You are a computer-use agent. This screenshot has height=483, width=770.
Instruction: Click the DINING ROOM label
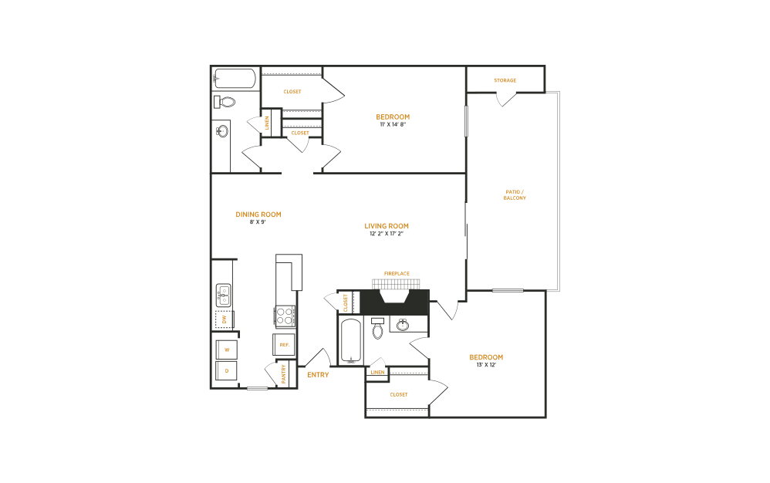(258, 214)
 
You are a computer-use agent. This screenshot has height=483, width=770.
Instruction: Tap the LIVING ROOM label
(387, 226)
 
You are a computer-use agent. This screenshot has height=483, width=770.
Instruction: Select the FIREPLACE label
(397, 273)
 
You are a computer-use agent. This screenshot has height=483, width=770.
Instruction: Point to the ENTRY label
(318, 375)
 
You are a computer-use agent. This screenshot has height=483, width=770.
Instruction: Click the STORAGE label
(505, 80)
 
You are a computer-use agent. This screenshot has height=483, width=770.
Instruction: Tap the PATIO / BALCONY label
(515, 194)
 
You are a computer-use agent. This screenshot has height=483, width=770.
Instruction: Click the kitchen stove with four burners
(285, 316)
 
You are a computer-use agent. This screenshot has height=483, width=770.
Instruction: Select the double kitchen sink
(223, 294)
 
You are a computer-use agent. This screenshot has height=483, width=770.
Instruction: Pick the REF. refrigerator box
(284, 344)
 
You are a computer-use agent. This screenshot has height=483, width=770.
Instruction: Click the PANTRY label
(284, 373)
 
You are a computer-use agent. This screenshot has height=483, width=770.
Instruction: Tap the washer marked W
(227, 350)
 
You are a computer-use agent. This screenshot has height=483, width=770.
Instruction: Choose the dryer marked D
(227, 370)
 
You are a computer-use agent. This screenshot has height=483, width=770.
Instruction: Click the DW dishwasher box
(224, 319)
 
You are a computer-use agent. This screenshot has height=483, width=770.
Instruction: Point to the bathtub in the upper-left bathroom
(235, 79)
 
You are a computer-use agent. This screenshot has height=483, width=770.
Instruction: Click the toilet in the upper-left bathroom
(226, 102)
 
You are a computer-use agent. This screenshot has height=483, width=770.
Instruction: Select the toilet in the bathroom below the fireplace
(378, 329)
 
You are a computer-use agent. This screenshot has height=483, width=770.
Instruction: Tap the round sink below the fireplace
(402, 325)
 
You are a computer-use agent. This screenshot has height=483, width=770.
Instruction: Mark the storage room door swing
(506, 99)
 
